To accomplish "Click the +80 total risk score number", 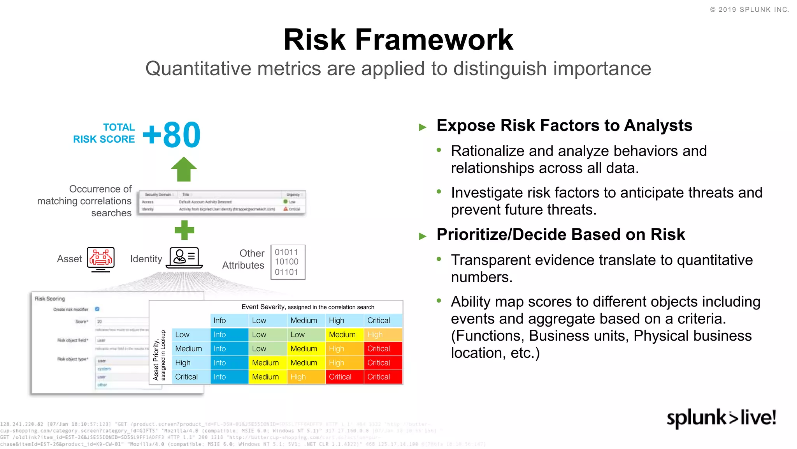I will click(172, 135).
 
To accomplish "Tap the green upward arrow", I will click(184, 169).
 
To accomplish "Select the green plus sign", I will click(184, 230).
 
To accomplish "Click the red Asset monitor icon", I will click(101, 259).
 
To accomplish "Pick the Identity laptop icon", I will click(184, 258).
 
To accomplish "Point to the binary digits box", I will click(288, 262).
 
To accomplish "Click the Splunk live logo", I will click(721, 418).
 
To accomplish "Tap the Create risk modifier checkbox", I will click(97, 309).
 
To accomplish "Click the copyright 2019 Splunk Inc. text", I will click(750, 10).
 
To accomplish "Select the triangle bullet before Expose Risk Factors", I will click(423, 127).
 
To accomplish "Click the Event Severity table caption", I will click(307, 307).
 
